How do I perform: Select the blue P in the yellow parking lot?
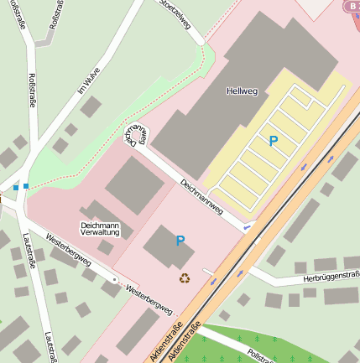(x=273, y=142)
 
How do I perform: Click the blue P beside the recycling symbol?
(x=180, y=241)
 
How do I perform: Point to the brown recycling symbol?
(x=184, y=277)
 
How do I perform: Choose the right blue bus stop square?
(x=27, y=185)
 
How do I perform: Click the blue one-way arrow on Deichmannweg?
(x=246, y=226)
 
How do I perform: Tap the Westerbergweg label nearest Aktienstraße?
(x=148, y=299)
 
